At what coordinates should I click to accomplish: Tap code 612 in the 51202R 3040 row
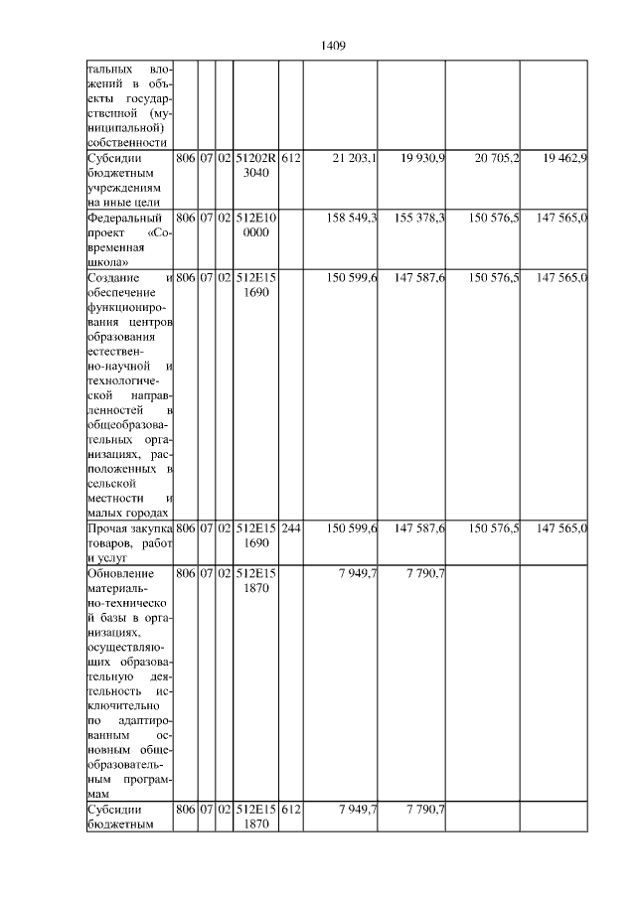click(x=291, y=158)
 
